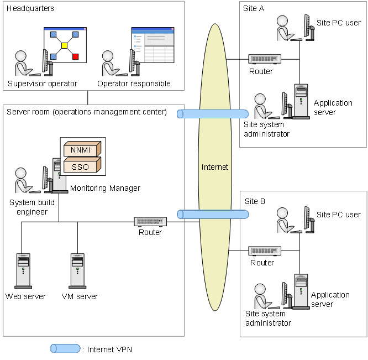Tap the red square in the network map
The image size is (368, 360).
point(76,56)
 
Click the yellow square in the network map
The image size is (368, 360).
point(64,45)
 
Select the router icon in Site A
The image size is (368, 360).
point(265,59)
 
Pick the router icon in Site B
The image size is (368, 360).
point(265,251)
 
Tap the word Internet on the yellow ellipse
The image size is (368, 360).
point(215,167)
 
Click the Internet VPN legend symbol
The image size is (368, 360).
point(65,348)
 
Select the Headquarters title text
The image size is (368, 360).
point(30,9)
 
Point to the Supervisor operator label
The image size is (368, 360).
point(43,84)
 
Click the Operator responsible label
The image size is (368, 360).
point(134,84)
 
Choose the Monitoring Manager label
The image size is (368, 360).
point(105,188)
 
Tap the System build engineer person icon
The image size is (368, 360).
point(23,180)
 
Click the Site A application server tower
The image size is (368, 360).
point(301,101)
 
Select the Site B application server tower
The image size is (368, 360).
point(301,291)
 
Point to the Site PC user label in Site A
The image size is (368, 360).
point(338,23)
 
